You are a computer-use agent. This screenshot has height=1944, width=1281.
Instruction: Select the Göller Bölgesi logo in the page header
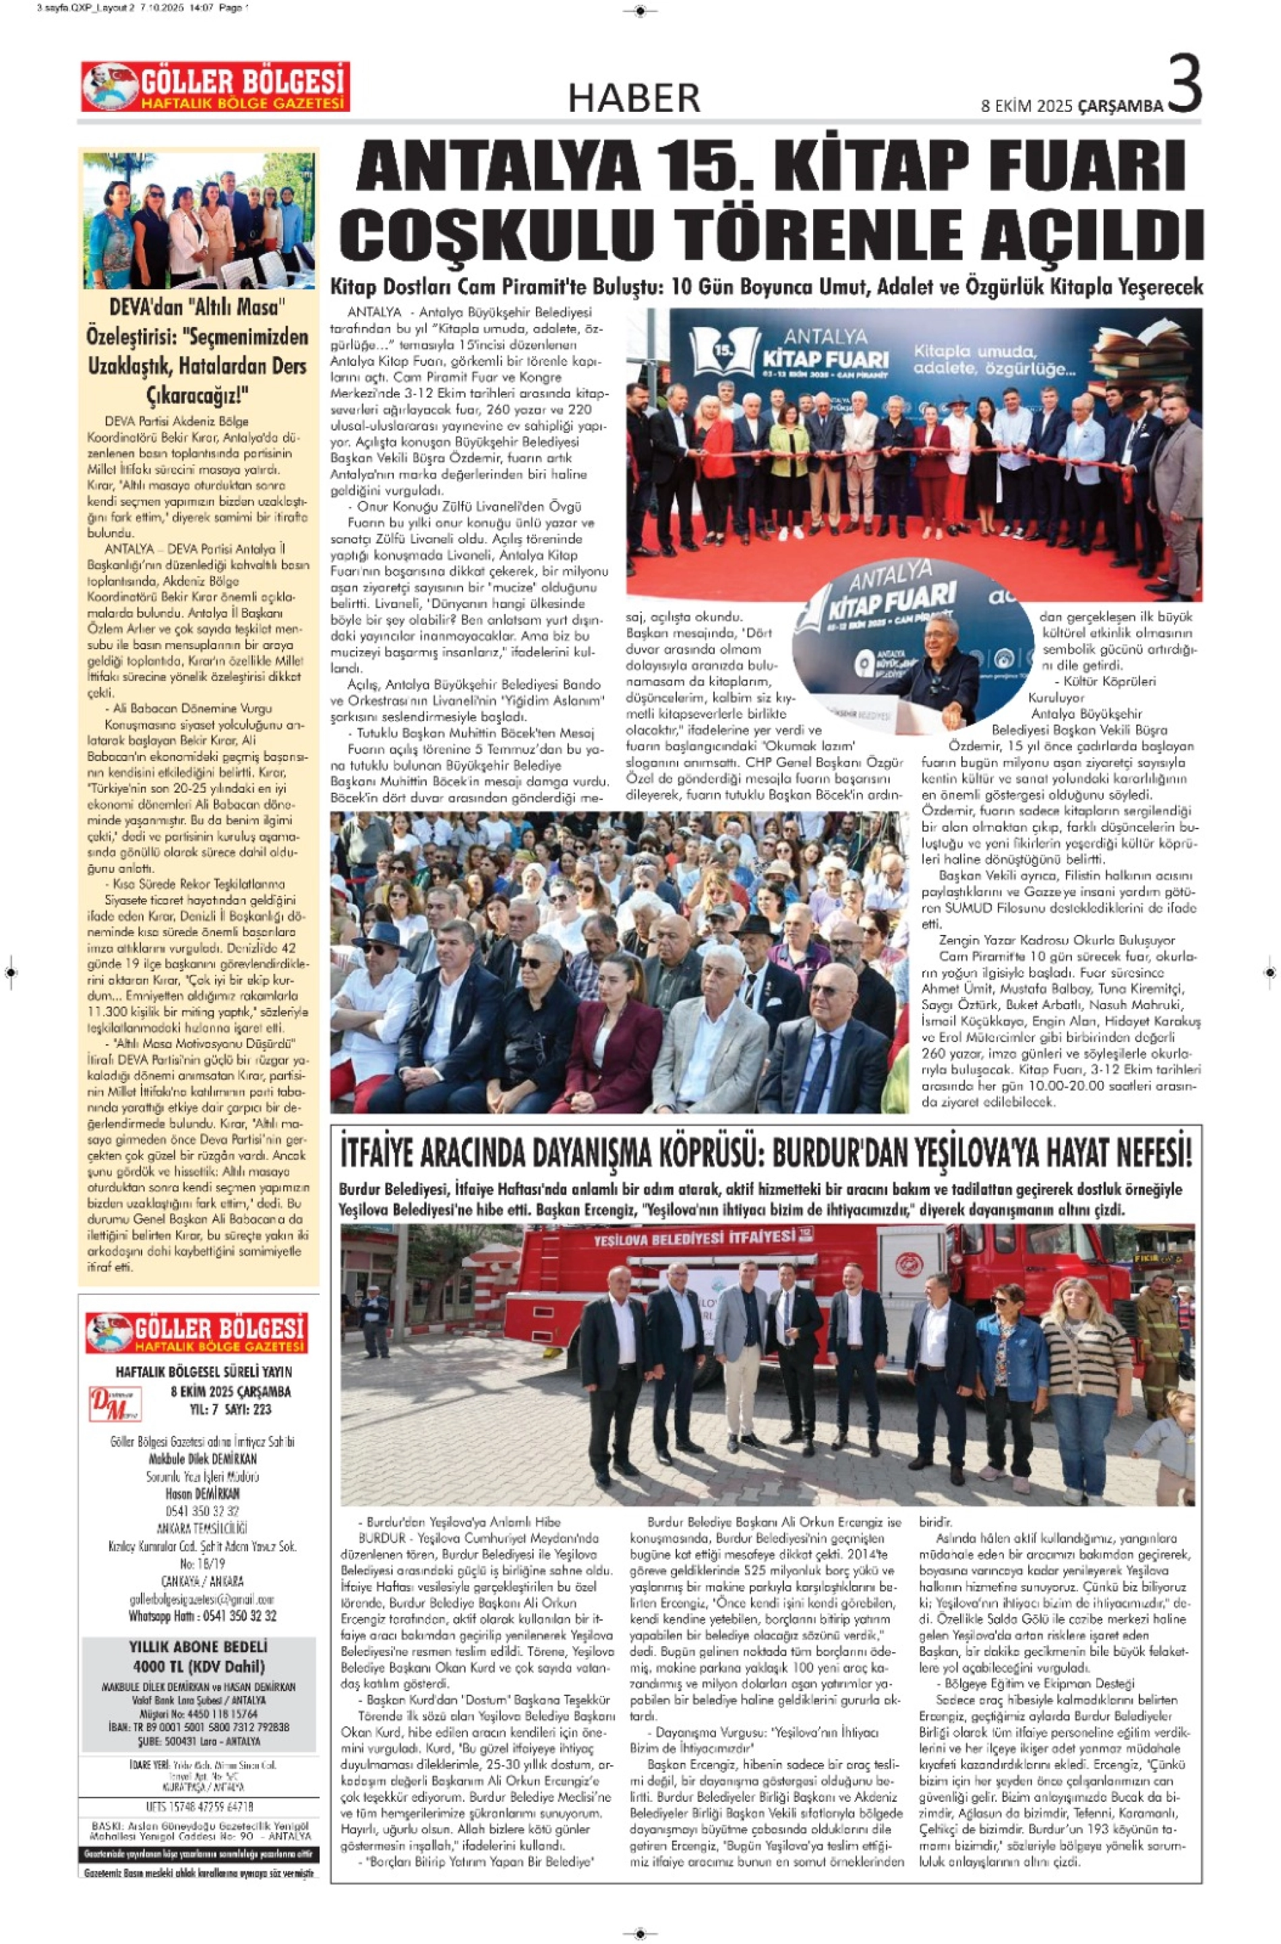(x=215, y=86)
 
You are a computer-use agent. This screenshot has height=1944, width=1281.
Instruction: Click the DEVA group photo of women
(x=198, y=220)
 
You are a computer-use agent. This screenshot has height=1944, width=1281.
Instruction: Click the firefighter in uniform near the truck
(x=1158, y=1339)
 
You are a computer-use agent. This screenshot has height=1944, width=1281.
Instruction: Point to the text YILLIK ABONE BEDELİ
(x=198, y=1647)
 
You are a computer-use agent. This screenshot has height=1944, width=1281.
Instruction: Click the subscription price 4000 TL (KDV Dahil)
(x=198, y=1666)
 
